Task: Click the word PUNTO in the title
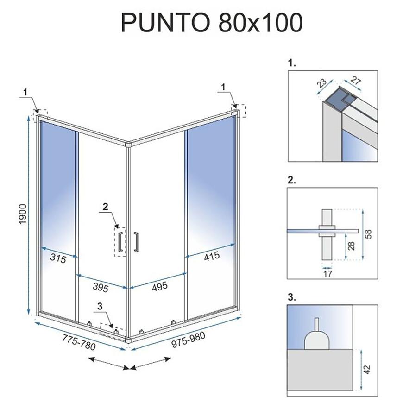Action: coord(165,23)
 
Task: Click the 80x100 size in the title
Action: coord(260,23)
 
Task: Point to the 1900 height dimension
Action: coord(23,214)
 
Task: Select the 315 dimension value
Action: coord(58,258)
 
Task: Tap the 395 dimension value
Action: coord(101,287)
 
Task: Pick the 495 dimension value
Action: coord(160,286)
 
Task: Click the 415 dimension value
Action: coord(212,256)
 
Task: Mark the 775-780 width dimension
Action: coord(79,343)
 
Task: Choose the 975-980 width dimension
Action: coord(189,340)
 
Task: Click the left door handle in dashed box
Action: coord(120,242)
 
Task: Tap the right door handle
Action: coord(136,241)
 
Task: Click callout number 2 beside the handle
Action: coord(105,207)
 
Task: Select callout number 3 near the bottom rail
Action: coord(100,306)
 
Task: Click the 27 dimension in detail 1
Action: coord(356,81)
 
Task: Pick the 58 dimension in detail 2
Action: coord(368,234)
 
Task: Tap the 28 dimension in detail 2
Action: coord(352,246)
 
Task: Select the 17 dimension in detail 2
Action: coord(327,273)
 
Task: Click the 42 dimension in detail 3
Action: coord(367,370)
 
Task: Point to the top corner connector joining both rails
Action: coord(128,144)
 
